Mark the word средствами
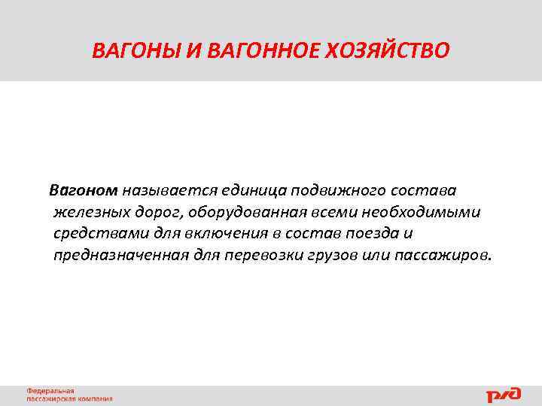95,233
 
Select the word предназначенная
113,256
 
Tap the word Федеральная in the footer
51,391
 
